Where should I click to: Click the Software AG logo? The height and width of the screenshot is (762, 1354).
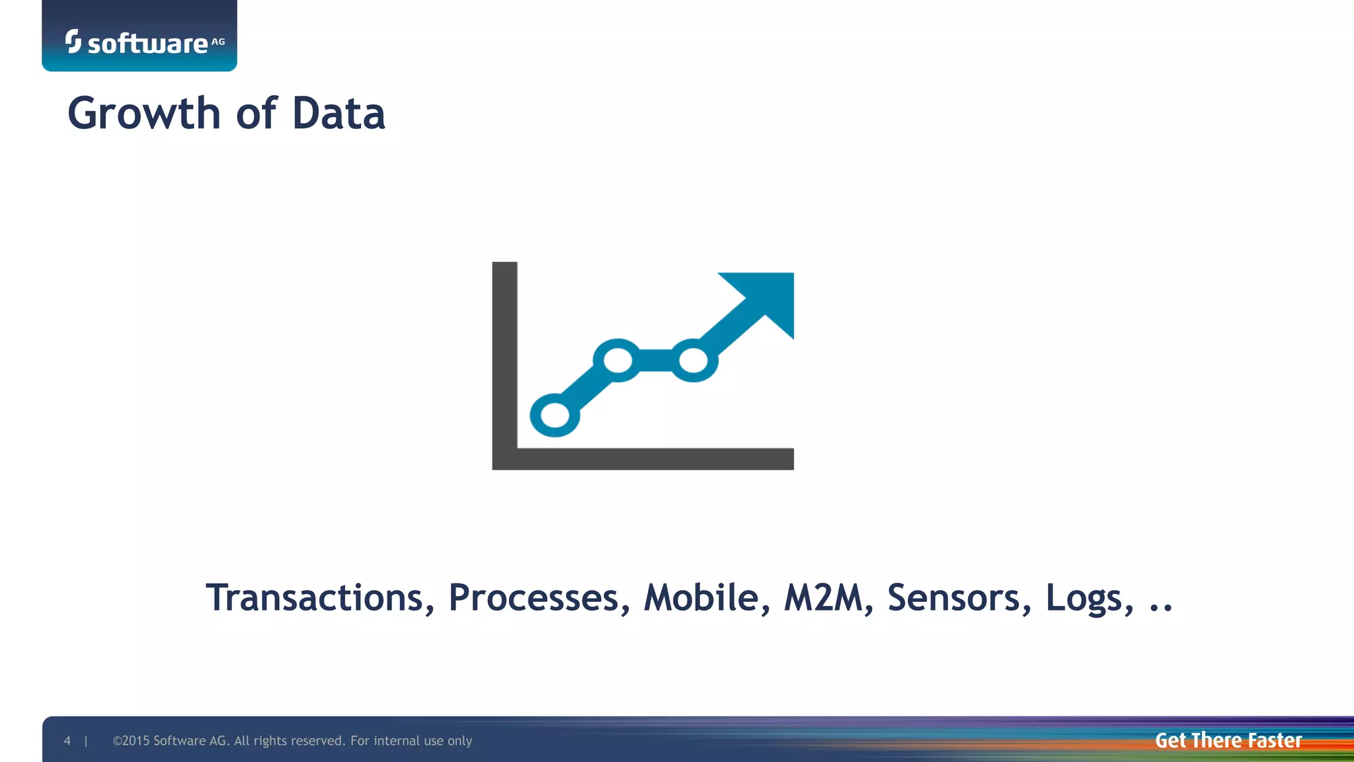click(145, 42)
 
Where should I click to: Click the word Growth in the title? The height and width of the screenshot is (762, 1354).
click(143, 114)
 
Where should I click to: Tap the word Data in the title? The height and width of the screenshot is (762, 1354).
click(338, 114)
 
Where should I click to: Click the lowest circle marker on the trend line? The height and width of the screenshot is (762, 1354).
click(555, 415)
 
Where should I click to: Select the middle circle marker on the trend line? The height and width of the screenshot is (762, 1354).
click(617, 360)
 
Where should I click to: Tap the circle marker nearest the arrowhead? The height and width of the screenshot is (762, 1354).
click(694, 360)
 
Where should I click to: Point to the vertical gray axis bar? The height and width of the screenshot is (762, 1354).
click(504, 357)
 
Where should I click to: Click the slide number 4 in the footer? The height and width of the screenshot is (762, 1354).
click(67, 741)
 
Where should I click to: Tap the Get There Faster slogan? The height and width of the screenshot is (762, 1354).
click(1228, 740)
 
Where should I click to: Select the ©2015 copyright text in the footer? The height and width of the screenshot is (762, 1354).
click(292, 741)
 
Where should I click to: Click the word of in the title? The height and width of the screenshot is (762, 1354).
click(256, 114)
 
